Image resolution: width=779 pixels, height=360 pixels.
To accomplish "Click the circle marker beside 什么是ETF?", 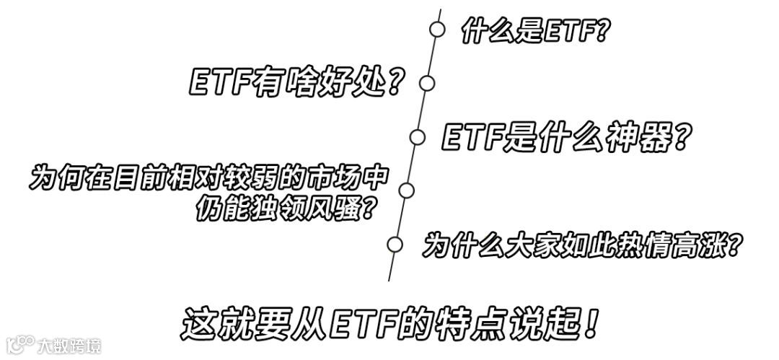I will pos(437,29).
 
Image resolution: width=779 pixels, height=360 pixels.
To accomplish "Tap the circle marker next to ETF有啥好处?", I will pos(427,82).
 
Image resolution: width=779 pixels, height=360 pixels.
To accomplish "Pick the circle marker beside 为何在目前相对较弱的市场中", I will pos(406,190).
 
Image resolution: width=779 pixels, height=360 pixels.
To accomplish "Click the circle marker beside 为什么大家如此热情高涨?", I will pos(395,244).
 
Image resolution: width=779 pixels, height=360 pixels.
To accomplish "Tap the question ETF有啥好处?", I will pos(295,84).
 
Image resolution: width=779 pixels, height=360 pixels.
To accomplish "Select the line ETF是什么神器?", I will pos(563,136).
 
